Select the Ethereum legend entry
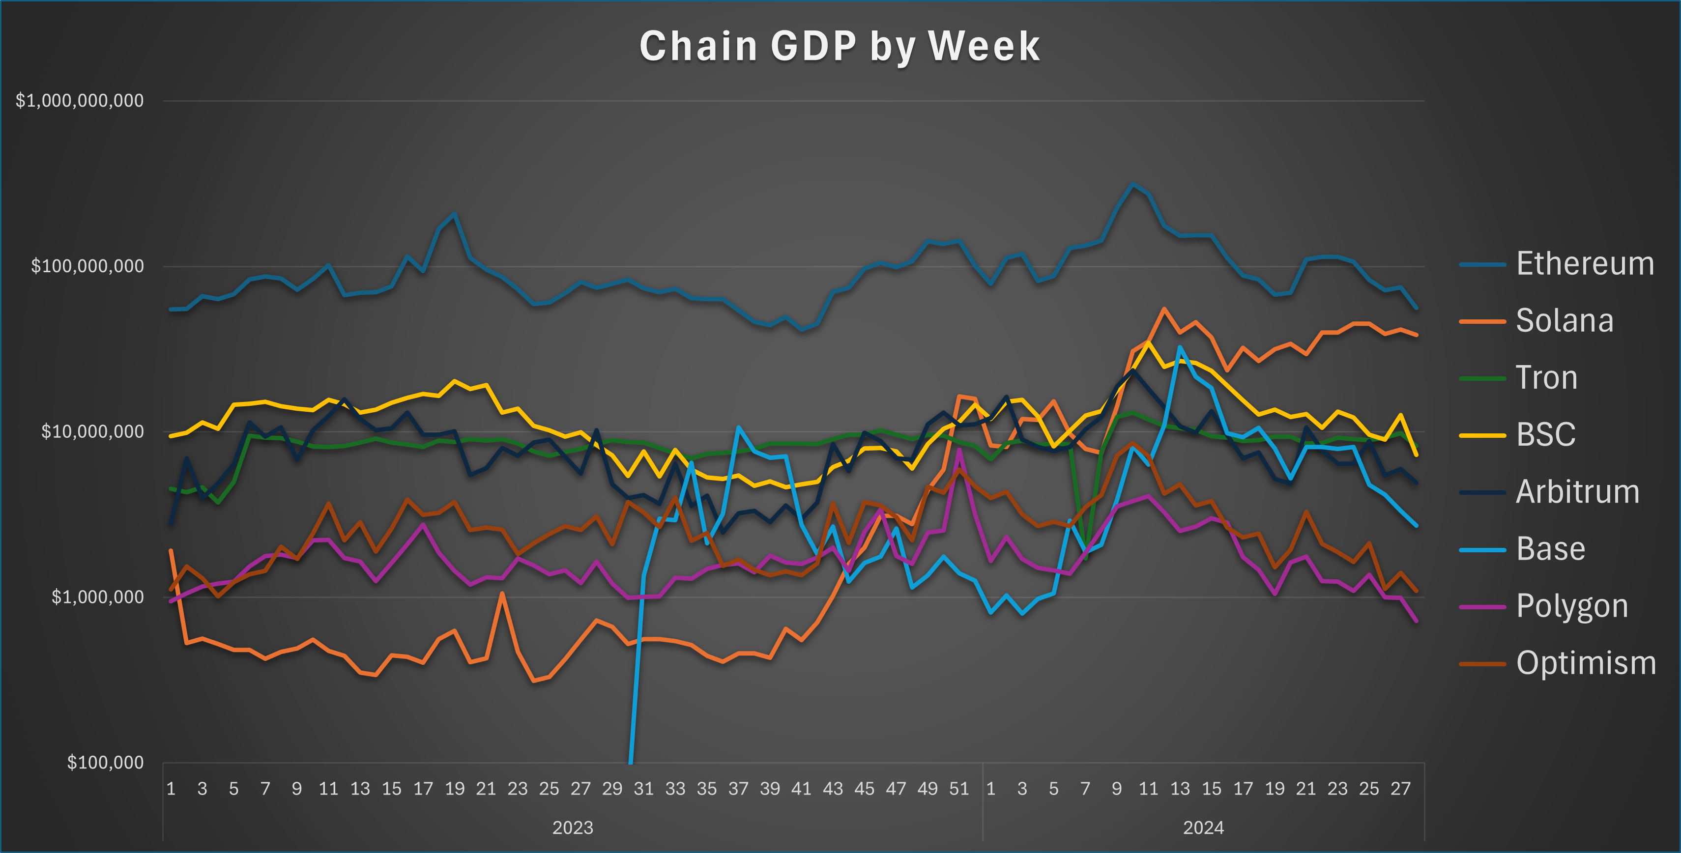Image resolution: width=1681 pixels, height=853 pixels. point(1585,264)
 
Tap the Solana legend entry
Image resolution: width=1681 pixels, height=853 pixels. point(1564,321)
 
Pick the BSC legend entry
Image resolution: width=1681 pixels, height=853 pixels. point(1545,435)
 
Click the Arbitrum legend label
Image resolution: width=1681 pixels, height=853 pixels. point(1577,492)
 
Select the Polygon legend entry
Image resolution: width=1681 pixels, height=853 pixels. point(1571,606)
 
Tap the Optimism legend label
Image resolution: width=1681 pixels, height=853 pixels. point(1586,663)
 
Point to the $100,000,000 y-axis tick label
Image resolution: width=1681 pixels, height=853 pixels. point(87,266)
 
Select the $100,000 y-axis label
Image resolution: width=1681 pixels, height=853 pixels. point(105,763)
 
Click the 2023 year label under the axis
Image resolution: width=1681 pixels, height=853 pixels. point(572,827)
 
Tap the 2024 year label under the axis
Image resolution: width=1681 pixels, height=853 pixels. point(1203,827)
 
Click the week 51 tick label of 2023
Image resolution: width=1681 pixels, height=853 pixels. point(958,789)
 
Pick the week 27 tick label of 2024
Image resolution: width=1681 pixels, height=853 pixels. point(1400,789)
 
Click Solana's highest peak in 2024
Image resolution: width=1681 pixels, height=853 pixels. point(1164,309)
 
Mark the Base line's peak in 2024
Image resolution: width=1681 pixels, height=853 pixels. point(1180,347)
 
